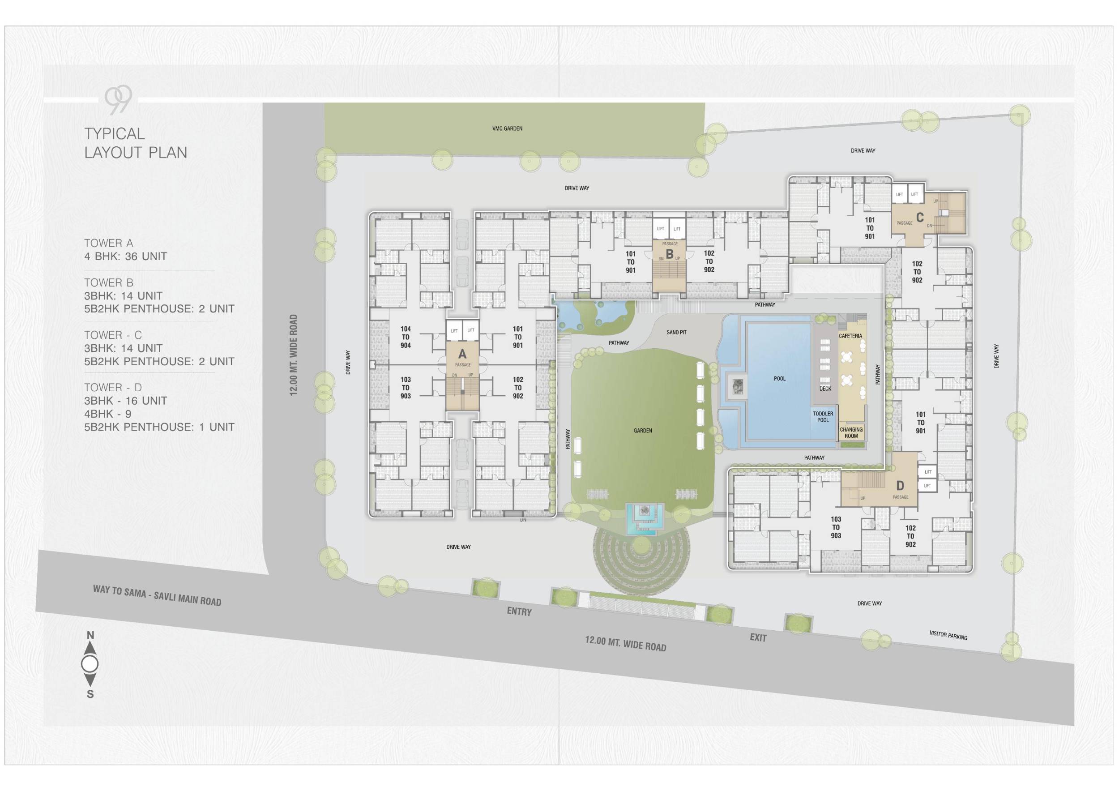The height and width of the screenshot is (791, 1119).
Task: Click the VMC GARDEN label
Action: (507, 128)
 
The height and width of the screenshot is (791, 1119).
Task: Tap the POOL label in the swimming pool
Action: (780, 378)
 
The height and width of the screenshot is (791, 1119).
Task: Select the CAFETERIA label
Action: (850, 336)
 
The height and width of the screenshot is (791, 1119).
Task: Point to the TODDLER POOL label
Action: (823, 417)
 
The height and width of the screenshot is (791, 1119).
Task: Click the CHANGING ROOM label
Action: (851, 433)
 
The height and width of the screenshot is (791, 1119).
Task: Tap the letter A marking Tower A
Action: (462, 355)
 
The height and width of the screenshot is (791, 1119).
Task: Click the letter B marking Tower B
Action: (670, 253)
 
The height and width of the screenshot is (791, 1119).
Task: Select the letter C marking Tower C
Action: (920, 218)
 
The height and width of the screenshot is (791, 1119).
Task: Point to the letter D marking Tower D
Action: (900, 485)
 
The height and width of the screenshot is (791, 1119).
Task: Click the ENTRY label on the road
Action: (519, 611)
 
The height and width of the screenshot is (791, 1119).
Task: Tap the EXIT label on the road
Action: (758, 637)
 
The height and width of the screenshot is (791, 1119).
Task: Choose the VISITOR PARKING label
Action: (948, 635)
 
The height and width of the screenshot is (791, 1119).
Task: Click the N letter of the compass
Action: (90, 635)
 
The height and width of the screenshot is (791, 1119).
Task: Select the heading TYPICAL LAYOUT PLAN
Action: (136, 143)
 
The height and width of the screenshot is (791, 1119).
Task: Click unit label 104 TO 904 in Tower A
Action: (406, 337)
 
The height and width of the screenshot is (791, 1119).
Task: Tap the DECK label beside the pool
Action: (825, 389)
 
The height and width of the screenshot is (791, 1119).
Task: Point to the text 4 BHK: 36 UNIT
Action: (125, 257)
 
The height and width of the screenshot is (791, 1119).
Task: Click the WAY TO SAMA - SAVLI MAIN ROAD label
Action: (157, 595)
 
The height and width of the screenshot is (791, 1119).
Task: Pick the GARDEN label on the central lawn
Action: (643, 430)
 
